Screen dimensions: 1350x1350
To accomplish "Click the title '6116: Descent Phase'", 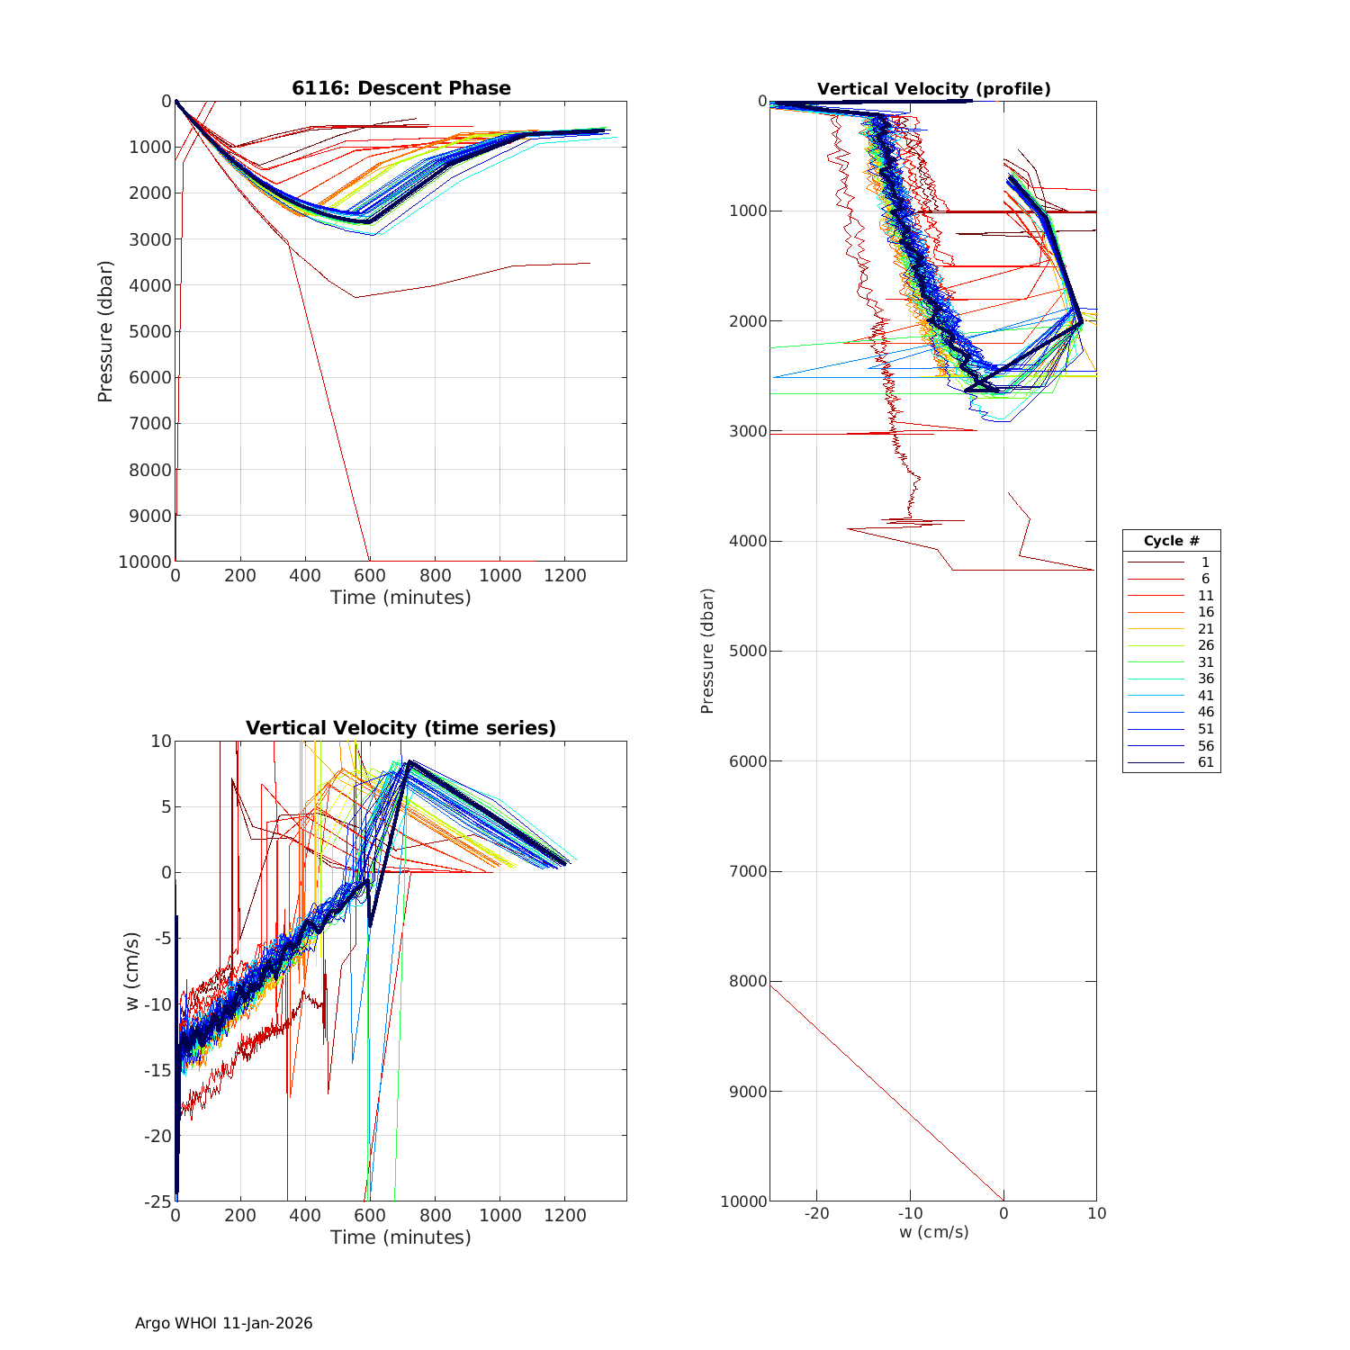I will click(x=400, y=88).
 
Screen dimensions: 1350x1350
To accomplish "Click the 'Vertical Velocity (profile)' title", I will click(x=933, y=89).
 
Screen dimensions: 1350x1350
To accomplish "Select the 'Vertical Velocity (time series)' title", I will click(x=400, y=728).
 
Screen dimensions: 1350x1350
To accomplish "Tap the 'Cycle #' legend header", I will click(x=1171, y=541).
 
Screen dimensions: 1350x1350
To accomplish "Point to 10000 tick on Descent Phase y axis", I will click(x=145, y=562).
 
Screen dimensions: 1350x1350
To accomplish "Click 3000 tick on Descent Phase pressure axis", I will click(x=149, y=239).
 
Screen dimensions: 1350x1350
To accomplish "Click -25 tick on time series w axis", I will click(x=158, y=1201).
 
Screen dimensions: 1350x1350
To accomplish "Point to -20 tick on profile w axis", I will click(x=816, y=1213).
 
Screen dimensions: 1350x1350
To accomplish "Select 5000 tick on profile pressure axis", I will click(x=749, y=651).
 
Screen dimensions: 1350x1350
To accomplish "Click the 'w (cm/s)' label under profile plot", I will click(x=933, y=1232).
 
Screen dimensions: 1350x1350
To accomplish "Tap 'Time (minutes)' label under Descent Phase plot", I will click(x=400, y=598).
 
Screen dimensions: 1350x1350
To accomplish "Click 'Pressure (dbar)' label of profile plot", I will click(x=707, y=651).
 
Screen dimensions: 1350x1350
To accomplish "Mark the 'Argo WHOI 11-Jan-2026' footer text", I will click(x=223, y=1323).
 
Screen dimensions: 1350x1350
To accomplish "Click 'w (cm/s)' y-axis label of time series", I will click(x=132, y=971).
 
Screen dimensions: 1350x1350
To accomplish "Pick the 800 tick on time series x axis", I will click(x=436, y=1216).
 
